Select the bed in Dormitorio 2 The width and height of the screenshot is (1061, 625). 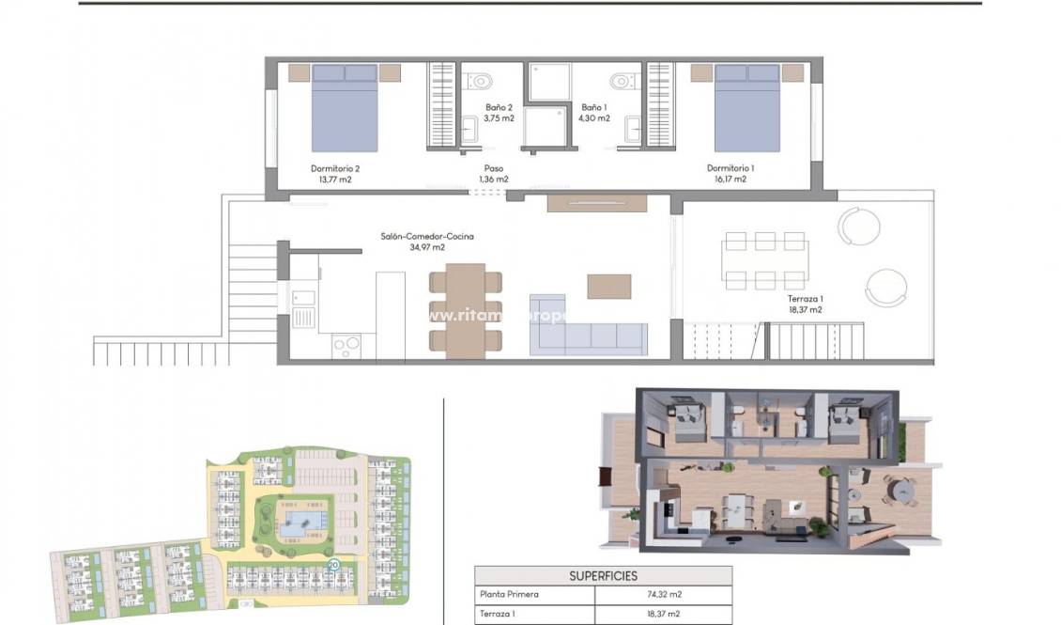pos(345,107)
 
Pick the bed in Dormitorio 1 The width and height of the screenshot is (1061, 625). pos(746,107)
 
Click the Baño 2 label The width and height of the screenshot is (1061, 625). pos(499,113)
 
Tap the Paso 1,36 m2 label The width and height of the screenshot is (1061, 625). pos(493,173)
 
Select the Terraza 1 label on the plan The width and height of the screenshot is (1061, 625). pos(805,303)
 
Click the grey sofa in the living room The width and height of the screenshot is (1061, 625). pos(589,338)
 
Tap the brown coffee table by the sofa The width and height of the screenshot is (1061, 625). pos(609,286)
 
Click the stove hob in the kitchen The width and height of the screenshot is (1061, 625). pos(346,346)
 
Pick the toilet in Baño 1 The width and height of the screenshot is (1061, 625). pos(619,78)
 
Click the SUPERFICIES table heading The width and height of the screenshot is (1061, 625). pos(603,575)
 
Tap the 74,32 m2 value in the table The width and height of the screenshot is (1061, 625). pos(663,595)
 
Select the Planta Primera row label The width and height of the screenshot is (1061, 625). pos(509,595)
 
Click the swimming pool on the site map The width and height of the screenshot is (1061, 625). pos(296,522)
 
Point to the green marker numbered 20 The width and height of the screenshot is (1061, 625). pos(333,565)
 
